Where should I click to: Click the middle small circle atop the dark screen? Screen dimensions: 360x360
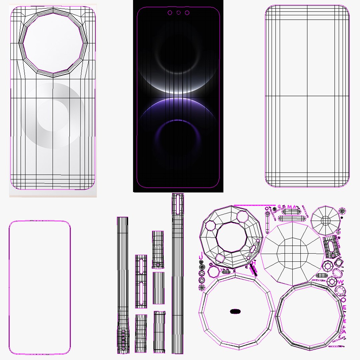[x=178, y=13]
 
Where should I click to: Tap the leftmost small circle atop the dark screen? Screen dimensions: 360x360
[x=170, y=13]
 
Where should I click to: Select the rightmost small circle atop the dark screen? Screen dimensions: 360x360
[x=187, y=13]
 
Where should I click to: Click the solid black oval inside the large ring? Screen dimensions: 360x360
[x=235, y=311]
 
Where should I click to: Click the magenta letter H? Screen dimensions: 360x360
[x=254, y=263]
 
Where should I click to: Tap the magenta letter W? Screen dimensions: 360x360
[x=340, y=282]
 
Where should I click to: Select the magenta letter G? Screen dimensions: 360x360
[x=279, y=207]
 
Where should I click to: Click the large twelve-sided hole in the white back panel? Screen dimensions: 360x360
[x=53, y=42]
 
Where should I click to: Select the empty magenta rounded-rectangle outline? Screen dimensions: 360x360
[x=40, y=288]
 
